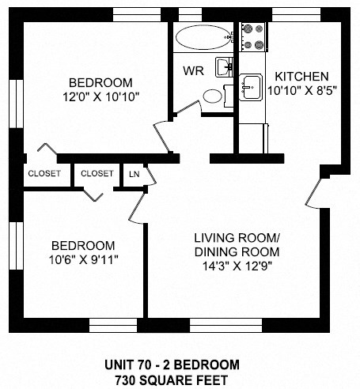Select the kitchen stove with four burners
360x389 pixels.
(x=252, y=35)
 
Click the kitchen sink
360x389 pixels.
(x=252, y=85)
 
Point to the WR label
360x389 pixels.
(x=194, y=70)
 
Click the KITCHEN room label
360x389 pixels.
(x=301, y=76)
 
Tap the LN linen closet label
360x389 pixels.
(x=134, y=174)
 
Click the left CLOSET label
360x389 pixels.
(x=44, y=174)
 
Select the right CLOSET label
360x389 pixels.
(x=97, y=174)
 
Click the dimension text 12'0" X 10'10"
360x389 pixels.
(x=100, y=97)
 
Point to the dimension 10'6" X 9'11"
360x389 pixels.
(x=83, y=259)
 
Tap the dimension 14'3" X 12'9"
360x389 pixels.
(x=238, y=266)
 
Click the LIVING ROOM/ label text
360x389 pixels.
(x=238, y=238)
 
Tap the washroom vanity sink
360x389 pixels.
(x=224, y=66)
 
